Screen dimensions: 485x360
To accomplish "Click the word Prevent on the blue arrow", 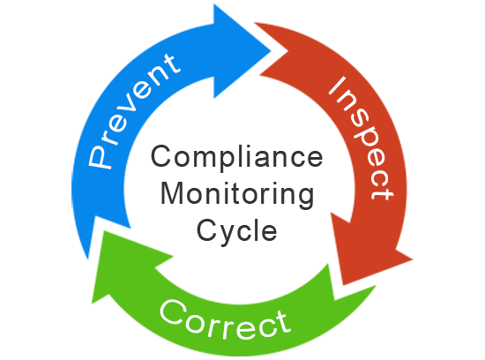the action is [x=134, y=111].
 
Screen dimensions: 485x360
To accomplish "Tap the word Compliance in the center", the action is [x=237, y=157].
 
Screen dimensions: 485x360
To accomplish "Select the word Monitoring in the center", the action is [x=237, y=194].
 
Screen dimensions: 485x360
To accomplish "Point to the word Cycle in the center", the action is [x=237, y=230].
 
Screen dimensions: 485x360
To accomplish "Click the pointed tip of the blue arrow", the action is [x=271, y=51].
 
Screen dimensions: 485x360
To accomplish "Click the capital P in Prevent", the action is [x=100, y=157].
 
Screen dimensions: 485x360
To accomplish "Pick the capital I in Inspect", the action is [x=337, y=86].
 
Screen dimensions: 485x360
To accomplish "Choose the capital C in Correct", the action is [x=173, y=311].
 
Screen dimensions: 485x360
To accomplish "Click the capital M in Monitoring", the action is [x=172, y=192].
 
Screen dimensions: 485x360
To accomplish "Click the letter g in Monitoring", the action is [x=305, y=199].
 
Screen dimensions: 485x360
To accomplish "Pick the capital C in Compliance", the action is [x=161, y=156].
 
